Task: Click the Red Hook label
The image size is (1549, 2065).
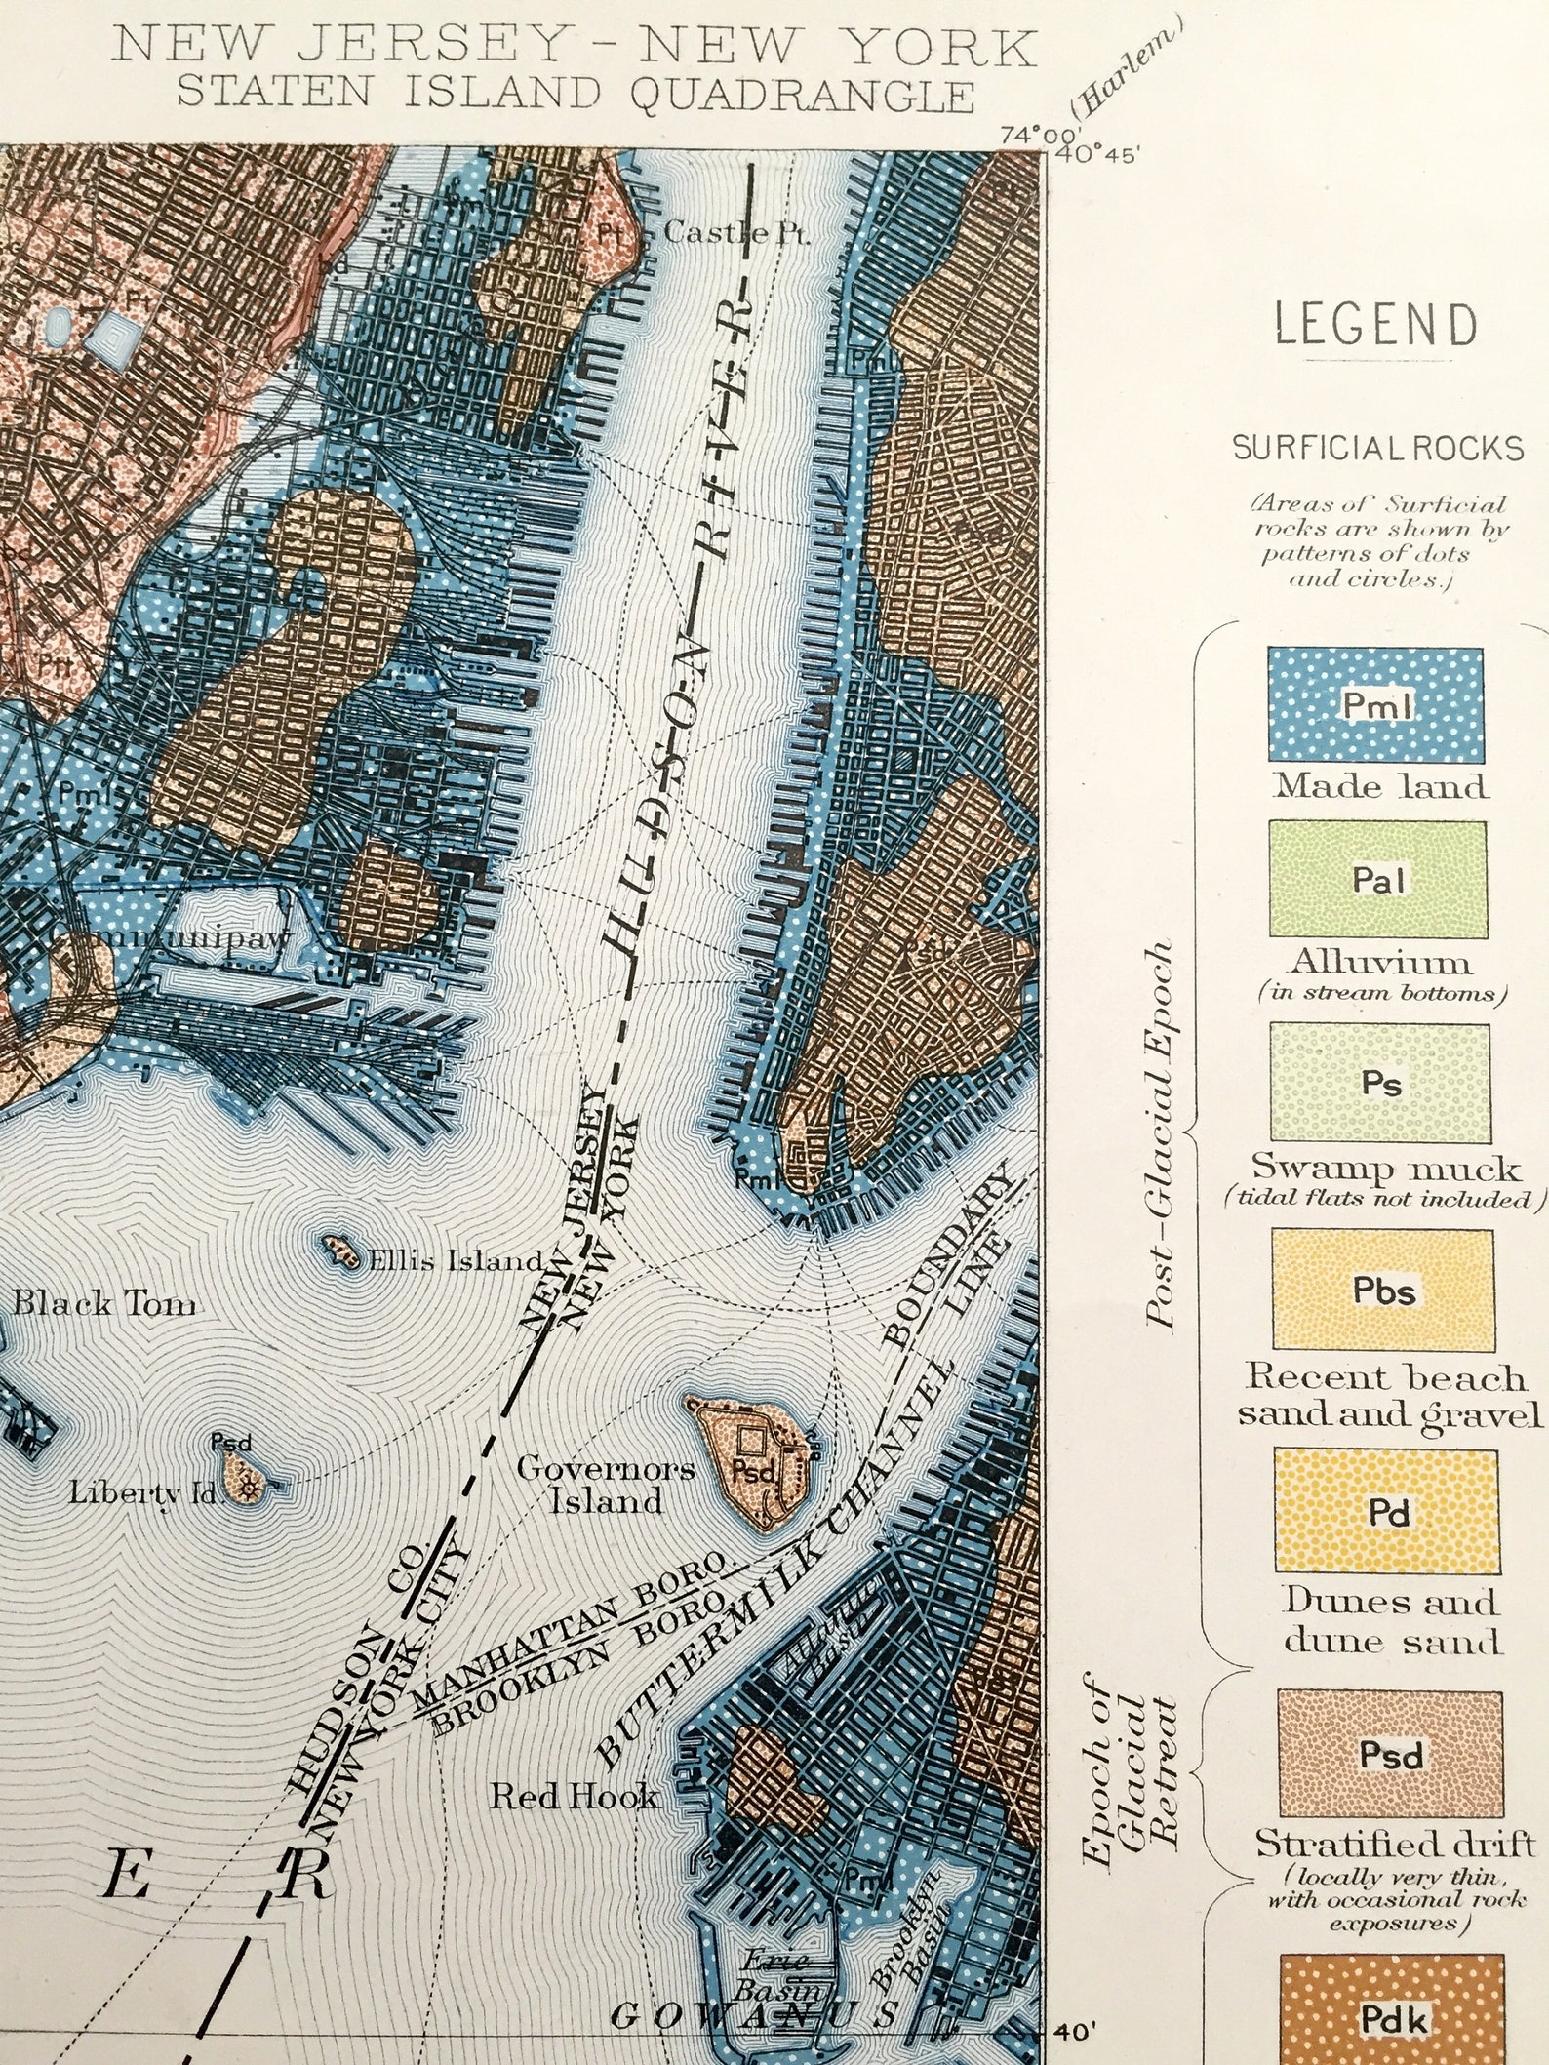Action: point(573,1797)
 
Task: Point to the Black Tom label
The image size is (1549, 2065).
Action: point(104,1304)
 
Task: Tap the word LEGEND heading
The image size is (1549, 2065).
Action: point(1375,326)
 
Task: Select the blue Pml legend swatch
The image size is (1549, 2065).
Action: point(1375,704)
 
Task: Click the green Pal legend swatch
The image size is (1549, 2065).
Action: point(1377,879)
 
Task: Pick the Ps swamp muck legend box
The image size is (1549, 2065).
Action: point(1380,1083)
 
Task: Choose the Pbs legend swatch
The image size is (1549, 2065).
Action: point(1383,1290)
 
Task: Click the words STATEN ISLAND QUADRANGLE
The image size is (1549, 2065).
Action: point(576,94)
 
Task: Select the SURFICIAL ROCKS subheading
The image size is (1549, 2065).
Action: point(1377,449)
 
